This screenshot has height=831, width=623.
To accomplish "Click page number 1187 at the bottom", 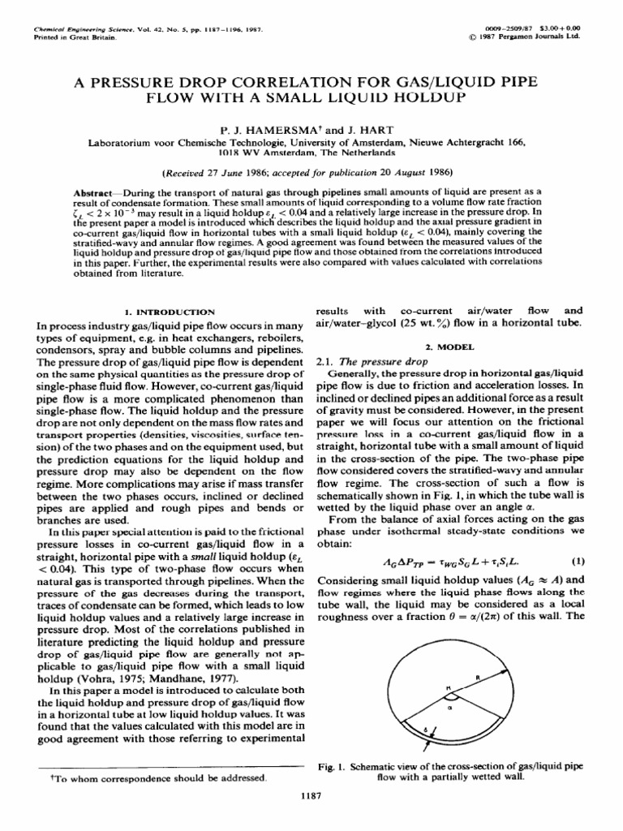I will [311, 796].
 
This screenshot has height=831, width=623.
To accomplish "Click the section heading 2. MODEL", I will [449, 345].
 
